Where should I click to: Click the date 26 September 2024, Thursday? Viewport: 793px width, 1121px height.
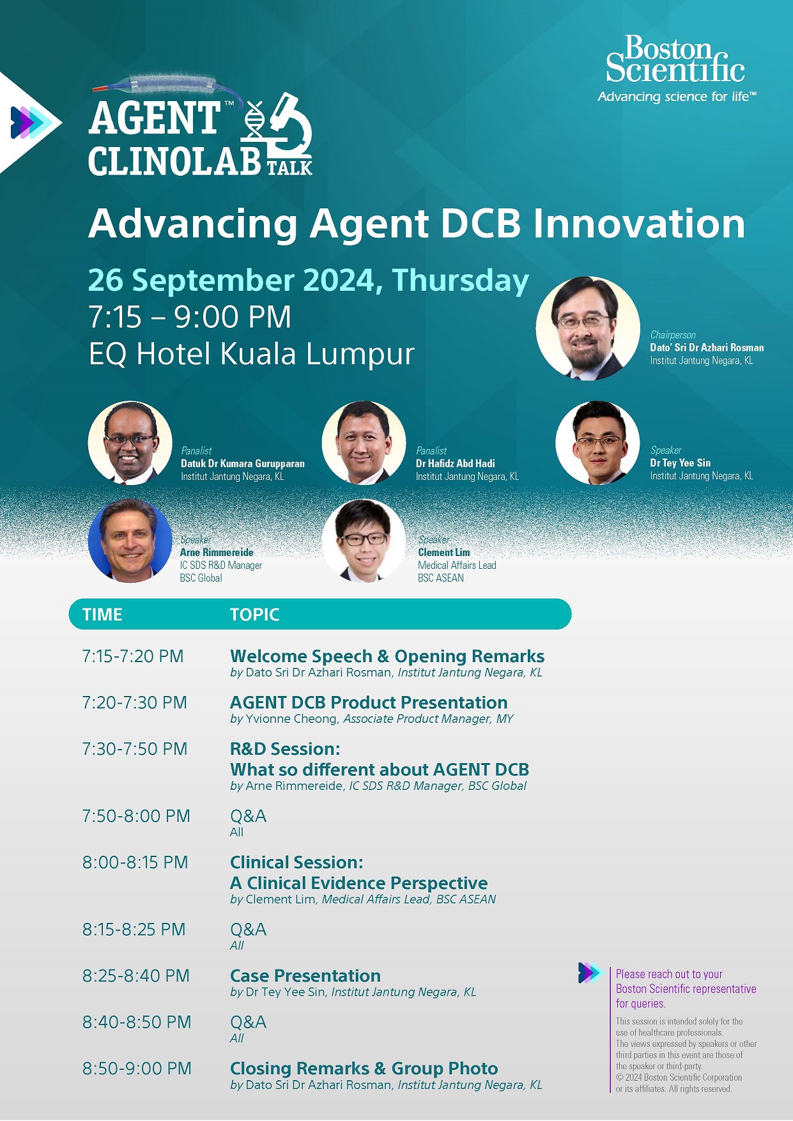[x=308, y=280]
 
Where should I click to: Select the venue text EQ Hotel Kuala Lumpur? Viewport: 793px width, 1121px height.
[x=252, y=353]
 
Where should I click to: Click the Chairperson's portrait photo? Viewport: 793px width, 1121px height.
[x=587, y=329]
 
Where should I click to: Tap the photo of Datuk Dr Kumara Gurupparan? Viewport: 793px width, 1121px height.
[x=130, y=443]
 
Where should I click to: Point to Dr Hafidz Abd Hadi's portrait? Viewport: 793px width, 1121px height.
[x=364, y=443]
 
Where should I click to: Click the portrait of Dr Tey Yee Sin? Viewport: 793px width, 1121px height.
[x=597, y=443]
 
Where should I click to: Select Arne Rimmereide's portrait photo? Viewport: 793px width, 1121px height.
[x=130, y=541]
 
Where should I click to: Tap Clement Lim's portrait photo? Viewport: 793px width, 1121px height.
[x=364, y=541]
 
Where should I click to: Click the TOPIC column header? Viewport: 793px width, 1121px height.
[x=254, y=615]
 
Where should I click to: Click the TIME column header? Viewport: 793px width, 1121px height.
[x=102, y=615]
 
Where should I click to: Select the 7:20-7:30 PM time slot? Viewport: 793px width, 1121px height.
[x=134, y=702]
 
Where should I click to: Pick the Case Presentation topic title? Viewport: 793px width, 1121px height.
[x=305, y=976]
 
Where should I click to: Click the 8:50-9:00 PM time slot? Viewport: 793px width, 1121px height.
[x=137, y=1069]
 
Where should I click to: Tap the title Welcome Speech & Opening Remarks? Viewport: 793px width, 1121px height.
[x=387, y=656]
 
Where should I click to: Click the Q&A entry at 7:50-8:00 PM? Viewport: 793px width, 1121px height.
[x=248, y=816]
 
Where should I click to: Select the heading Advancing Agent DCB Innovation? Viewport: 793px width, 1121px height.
[x=417, y=224]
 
